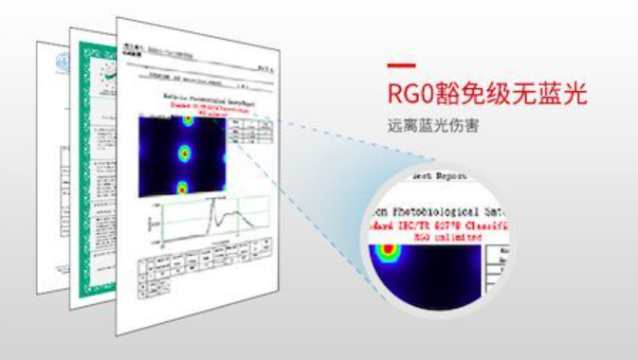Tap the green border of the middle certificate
click(90, 189)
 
